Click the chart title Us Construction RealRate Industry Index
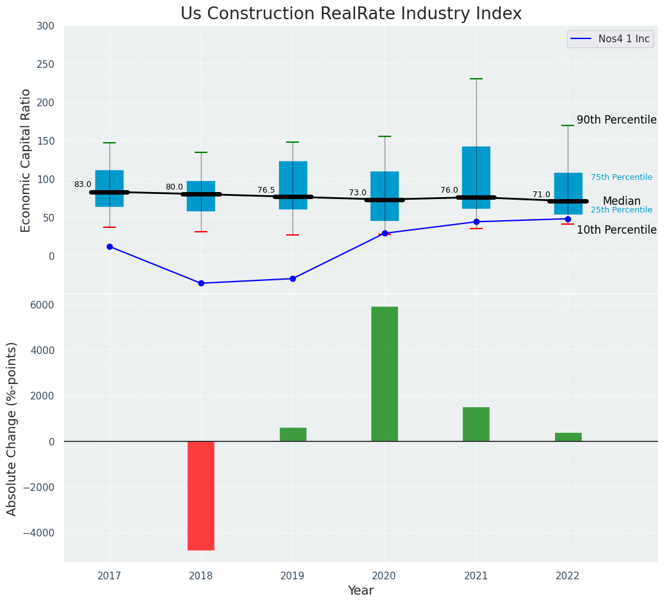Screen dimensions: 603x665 coord(351,14)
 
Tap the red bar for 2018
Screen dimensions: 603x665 coord(201,495)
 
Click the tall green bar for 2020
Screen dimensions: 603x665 coord(385,374)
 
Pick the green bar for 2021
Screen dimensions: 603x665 coord(476,424)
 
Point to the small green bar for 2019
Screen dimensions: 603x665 coord(293,434)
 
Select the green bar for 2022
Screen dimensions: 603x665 coord(568,437)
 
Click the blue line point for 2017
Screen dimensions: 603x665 coord(109,246)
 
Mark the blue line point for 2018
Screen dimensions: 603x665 coord(201,283)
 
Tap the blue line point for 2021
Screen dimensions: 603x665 coord(476,221)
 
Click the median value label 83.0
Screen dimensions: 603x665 coord(83,184)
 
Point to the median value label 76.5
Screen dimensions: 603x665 coord(266,190)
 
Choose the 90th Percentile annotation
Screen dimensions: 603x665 coord(616,120)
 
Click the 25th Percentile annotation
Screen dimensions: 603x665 coord(621,210)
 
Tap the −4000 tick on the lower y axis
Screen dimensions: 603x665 coord(40,533)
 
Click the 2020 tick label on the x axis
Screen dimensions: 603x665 coord(385,576)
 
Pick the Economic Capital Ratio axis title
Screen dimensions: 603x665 coord(26,160)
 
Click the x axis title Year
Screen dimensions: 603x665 coord(361,591)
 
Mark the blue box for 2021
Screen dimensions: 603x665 coord(476,177)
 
